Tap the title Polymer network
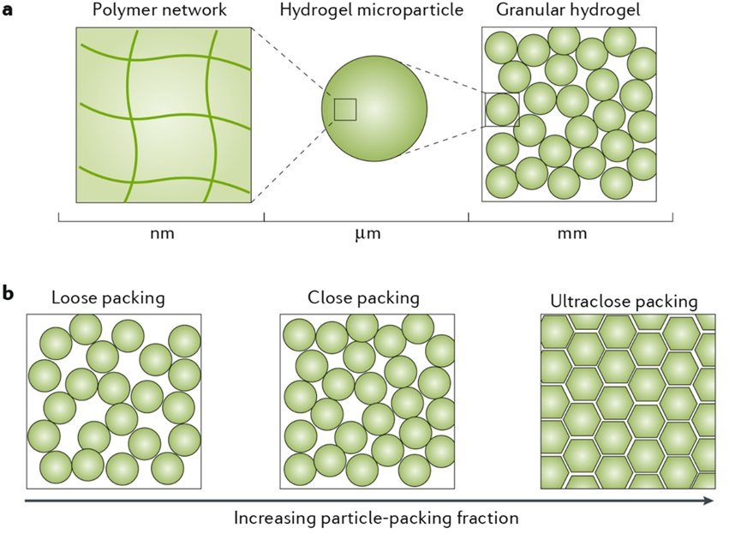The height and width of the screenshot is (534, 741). coord(163,11)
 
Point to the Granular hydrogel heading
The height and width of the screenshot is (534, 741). coord(569,11)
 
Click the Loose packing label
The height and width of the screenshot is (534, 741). coord(108,299)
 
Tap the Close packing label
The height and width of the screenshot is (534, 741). coord(363,298)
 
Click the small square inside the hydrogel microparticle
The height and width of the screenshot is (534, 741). coord(345,110)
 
